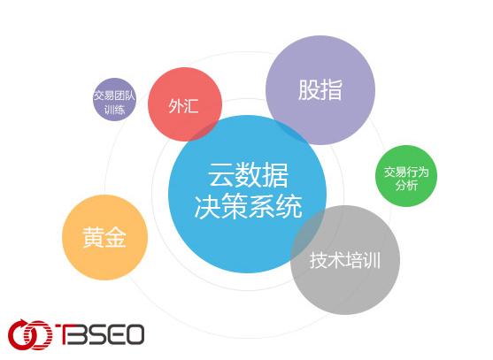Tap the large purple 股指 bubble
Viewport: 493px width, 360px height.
pyautogui.click(x=320, y=90)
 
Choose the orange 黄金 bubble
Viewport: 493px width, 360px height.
pyautogui.click(x=104, y=237)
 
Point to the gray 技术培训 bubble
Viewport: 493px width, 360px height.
pyautogui.click(x=345, y=260)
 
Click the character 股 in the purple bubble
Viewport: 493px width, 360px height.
pyautogui.click(x=309, y=90)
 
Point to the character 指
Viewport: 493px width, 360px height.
pyautogui.click(x=332, y=90)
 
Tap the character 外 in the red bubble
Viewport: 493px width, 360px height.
pyautogui.click(x=175, y=105)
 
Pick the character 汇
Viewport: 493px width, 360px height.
pyautogui.click(x=191, y=105)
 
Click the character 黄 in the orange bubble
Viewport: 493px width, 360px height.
pyautogui.click(x=93, y=237)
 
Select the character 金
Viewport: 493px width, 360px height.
pyautogui.click(x=115, y=237)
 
